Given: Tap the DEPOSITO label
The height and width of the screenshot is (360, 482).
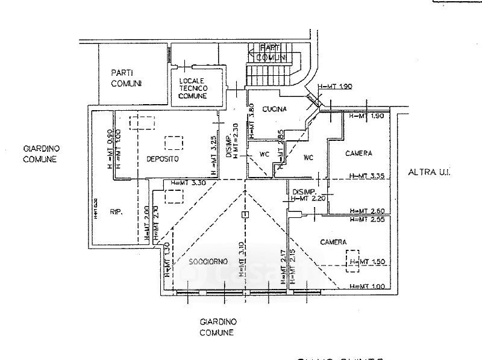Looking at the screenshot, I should coord(163,158).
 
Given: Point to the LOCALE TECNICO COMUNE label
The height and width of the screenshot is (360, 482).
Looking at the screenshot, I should coord(192,88).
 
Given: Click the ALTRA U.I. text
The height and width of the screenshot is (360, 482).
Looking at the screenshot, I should coord(429,172).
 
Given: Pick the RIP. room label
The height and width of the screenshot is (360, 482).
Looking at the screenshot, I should coord(116,211).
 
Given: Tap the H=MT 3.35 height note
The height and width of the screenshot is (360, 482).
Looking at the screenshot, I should coord(368,176).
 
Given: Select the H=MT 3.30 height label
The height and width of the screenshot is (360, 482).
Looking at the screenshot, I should coord(189,182).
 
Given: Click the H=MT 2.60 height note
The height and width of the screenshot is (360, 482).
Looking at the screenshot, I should coord(368,211).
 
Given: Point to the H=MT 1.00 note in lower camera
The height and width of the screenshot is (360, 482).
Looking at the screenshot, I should coord(368,286).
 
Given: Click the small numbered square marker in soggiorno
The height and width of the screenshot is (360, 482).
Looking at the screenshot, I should coord(244,215).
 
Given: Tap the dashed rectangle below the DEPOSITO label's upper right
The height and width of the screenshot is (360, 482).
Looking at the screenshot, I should coord(175,142).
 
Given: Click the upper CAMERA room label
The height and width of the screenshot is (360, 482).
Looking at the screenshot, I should coord(358,154).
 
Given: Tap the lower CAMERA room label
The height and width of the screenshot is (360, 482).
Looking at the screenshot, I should coord(333,242).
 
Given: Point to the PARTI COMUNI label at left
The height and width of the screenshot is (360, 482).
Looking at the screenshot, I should coord(126,78).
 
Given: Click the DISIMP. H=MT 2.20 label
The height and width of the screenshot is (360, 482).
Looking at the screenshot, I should coord(307,194).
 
